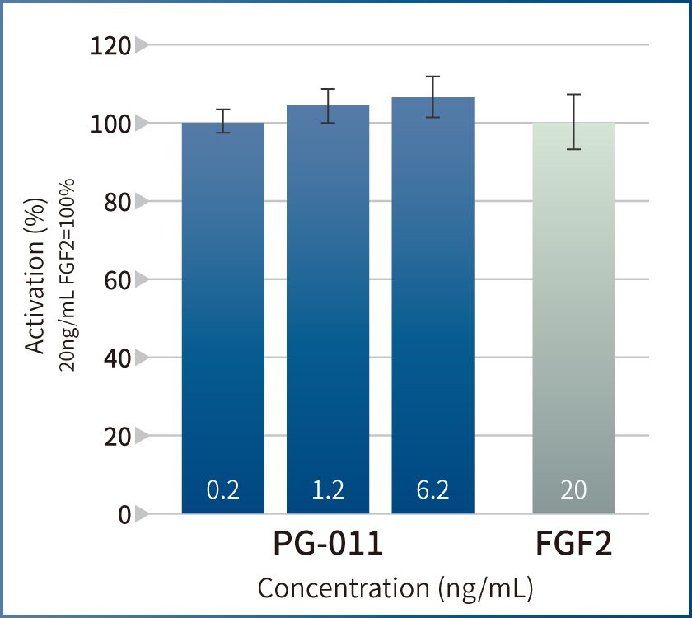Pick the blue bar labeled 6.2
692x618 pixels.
(x=432, y=305)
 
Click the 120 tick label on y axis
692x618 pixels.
(x=110, y=45)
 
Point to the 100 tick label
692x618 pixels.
(x=110, y=124)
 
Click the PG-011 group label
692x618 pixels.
(x=328, y=546)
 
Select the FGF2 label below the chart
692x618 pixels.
(x=574, y=546)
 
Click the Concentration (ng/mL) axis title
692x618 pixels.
(x=395, y=588)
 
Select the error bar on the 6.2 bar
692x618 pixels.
(x=432, y=96)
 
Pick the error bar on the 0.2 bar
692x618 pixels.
(x=222, y=121)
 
